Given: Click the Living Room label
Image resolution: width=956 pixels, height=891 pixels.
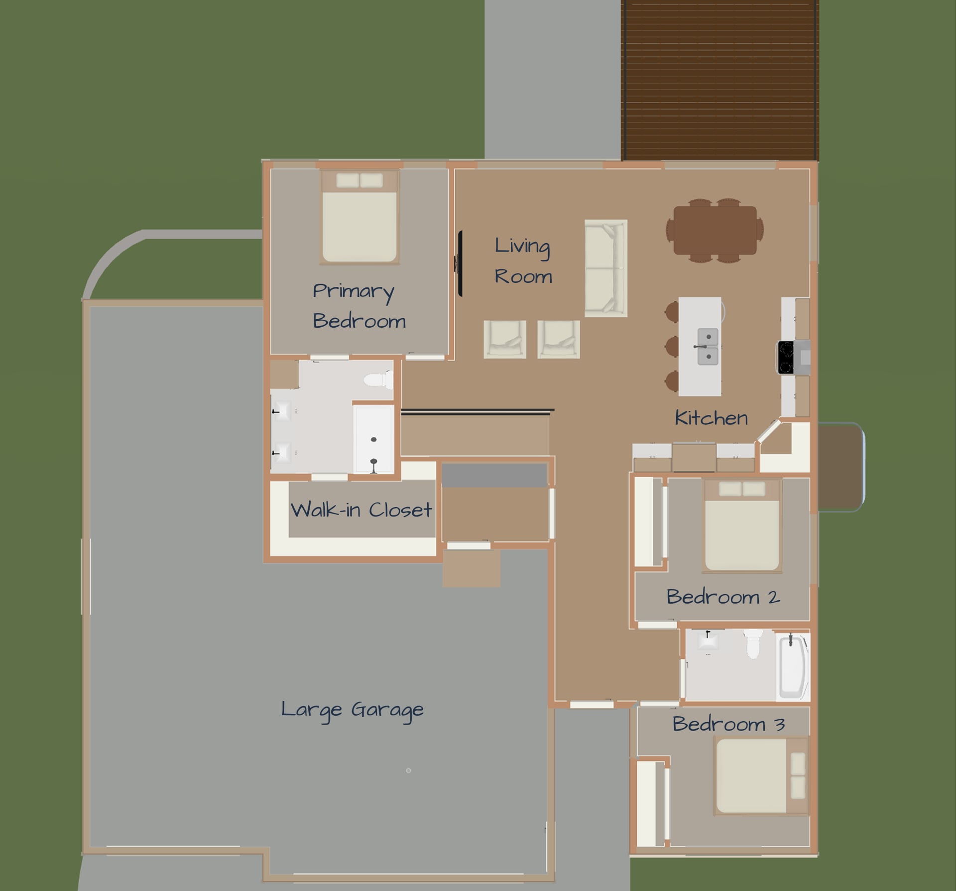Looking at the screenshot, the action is [x=523, y=261].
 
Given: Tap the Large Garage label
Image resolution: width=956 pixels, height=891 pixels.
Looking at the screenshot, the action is [x=352, y=710].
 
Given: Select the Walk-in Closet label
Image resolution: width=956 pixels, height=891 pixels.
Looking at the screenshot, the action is [x=361, y=509].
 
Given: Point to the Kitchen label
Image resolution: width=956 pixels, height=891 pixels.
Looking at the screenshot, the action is [x=711, y=417].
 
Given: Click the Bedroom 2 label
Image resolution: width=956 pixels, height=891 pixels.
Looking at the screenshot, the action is [x=723, y=596].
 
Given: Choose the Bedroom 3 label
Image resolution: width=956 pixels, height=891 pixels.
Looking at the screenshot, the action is [x=728, y=724].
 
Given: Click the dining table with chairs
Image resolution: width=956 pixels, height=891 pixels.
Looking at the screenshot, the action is [x=715, y=231].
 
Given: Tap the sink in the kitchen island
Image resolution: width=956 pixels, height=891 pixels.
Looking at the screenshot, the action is [x=708, y=347].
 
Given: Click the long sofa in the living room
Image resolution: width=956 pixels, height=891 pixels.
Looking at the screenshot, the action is [x=605, y=268].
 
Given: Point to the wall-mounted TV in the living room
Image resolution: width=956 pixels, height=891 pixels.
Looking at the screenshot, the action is [x=460, y=263].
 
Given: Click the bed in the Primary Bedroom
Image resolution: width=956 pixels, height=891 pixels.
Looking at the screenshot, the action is [x=359, y=217].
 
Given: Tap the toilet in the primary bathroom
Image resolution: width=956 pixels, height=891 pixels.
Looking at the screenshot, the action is [x=379, y=381].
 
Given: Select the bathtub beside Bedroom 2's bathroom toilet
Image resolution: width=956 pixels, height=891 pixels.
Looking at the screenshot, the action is [x=793, y=666].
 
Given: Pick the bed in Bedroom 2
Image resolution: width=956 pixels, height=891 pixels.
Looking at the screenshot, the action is [x=741, y=526].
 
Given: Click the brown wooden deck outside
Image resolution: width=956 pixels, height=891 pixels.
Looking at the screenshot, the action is [x=719, y=80].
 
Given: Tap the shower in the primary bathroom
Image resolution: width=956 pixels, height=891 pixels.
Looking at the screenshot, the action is [x=373, y=439].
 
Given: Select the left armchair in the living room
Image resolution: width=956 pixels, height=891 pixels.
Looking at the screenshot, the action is [x=505, y=339].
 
